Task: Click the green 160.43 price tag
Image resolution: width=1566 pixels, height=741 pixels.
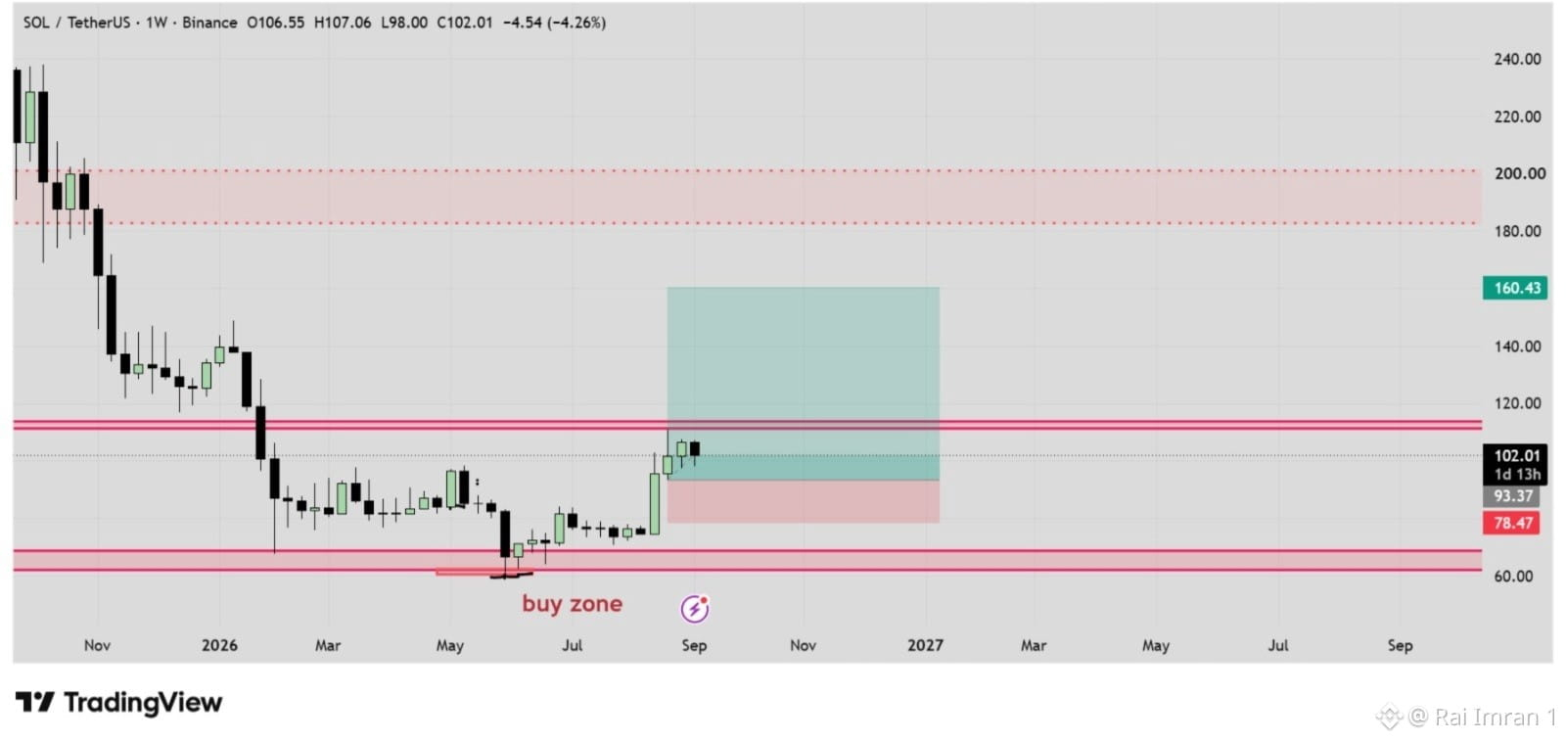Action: coord(1515,288)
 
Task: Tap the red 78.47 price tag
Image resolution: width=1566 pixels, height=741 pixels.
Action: coord(1511,523)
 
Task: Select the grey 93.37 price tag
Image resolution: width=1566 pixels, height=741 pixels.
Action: coord(1511,496)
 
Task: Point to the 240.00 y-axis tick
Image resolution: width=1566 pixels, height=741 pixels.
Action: coord(1517,60)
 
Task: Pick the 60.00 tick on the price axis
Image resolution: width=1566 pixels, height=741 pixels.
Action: coord(1513,576)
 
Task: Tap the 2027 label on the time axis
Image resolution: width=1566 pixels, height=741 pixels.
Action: coord(925,645)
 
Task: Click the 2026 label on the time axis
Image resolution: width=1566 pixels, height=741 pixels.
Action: coord(219,645)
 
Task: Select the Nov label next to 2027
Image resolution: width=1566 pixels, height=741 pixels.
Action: coord(803,645)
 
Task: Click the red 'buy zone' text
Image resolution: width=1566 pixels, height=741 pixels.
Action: coord(572,603)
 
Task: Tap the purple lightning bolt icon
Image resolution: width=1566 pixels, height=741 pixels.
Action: coord(694,608)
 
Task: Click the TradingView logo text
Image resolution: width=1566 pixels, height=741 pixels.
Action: coord(143,703)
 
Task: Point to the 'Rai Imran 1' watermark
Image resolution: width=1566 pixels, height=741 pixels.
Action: coord(1495,717)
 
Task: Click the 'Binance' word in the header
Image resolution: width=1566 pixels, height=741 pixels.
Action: coord(209,23)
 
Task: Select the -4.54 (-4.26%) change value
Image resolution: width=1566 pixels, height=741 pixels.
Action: coord(554,23)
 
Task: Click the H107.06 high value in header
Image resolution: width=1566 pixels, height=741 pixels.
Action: coord(343,23)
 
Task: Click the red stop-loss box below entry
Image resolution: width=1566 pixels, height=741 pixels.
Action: coord(804,501)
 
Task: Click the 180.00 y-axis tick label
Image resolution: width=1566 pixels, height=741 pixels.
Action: coord(1517,231)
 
